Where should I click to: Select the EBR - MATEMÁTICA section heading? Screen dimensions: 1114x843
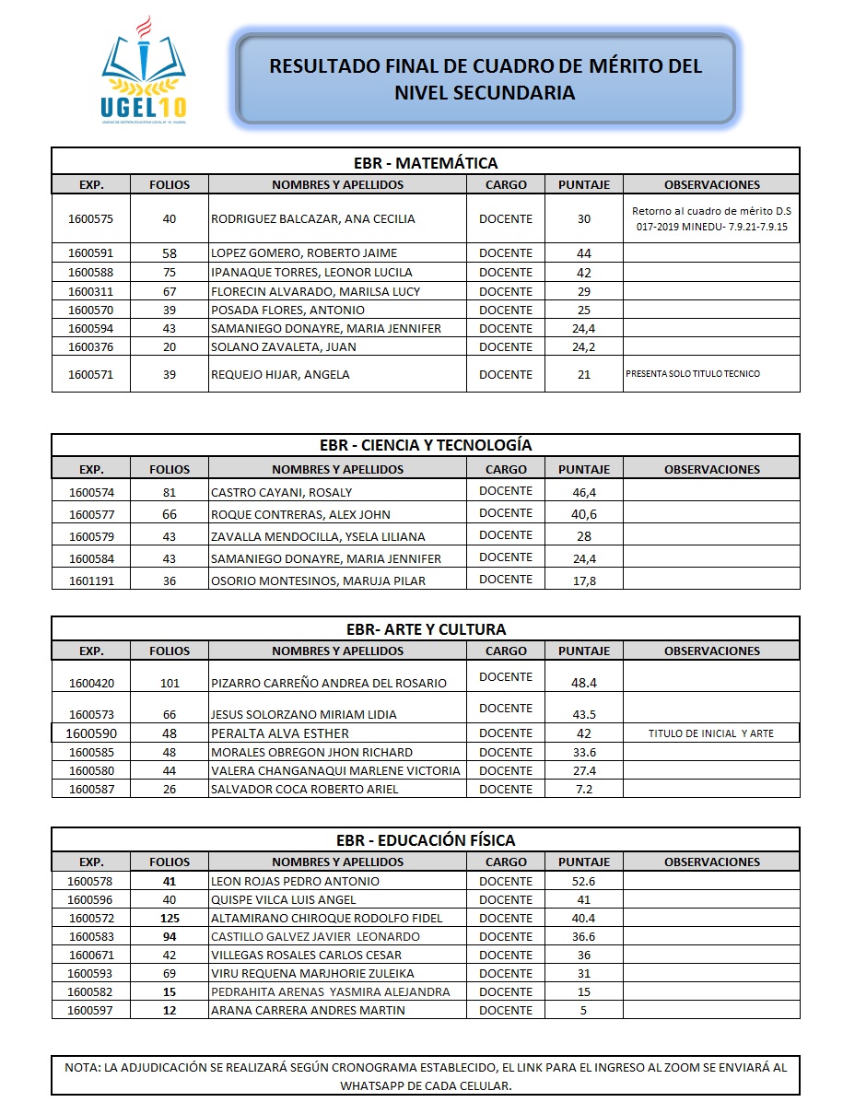click(x=426, y=163)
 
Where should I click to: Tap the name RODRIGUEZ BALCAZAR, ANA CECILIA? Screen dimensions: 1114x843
click(x=313, y=219)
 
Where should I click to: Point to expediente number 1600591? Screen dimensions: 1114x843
click(x=91, y=253)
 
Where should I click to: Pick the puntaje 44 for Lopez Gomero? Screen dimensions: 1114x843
click(x=584, y=253)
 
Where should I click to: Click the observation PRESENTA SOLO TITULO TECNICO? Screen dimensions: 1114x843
click(x=693, y=374)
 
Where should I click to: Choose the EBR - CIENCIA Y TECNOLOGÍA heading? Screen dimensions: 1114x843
click(x=426, y=445)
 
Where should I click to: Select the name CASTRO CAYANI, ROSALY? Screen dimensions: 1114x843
click(x=282, y=493)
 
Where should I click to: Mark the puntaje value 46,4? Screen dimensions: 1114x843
click(x=584, y=493)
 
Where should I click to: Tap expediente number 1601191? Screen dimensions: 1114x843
click(x=91, y=580)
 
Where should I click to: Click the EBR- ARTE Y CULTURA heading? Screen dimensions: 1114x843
click(x=426, y=630)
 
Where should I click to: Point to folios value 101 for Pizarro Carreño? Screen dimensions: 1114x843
click(x=170, y=684)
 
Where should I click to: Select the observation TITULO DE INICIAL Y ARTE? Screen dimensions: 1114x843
click(x=711, y=733)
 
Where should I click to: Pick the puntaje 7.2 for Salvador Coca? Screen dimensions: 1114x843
click(x=584, y=789)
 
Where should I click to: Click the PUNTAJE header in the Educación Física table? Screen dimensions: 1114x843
click(x=584, y=862)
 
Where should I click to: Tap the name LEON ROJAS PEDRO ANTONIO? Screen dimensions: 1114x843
click(x=296, y=882)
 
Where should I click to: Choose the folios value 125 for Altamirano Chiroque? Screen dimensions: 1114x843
click(x=170, y=919)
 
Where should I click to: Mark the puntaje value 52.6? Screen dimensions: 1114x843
click(x=584, y=882)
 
